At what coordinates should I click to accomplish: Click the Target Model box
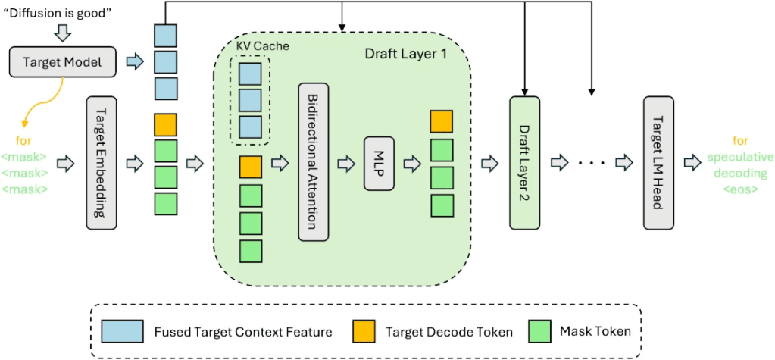(62, 62)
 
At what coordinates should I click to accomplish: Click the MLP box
(380, 162)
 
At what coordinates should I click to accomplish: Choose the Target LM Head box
(657, 162)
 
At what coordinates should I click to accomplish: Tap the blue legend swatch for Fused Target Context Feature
(123, 330)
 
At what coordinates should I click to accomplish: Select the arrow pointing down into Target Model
(62, 33)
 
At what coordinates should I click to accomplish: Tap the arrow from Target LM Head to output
(692, 162)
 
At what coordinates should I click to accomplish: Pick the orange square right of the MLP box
(441, 121)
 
